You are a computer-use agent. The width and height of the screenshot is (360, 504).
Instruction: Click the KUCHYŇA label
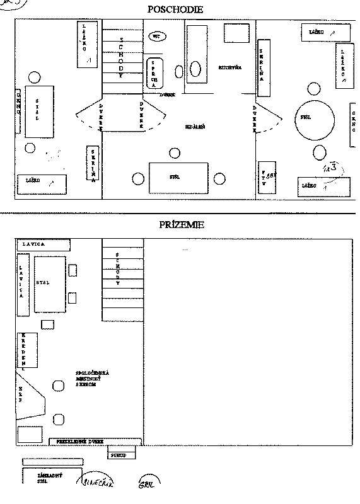point(228,67)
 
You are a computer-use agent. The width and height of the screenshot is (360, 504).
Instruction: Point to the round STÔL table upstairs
point(315,118)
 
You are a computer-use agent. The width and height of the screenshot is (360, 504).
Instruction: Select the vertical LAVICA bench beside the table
point(23,284)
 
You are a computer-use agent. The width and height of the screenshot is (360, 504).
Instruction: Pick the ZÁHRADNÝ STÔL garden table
point(52,475)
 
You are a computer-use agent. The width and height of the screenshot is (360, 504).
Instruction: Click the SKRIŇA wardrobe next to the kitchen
point(263,69)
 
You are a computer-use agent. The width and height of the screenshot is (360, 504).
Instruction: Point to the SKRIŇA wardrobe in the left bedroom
point(93,164)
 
